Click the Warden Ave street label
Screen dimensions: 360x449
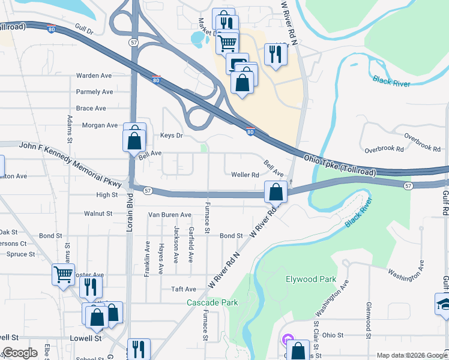pos(94,76)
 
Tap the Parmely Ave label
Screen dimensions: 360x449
pos(94,92)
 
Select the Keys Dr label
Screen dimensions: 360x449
pos(171,136)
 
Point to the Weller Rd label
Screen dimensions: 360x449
pos(245,175)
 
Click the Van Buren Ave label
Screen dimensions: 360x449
pos(170,215)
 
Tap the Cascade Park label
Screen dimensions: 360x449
pos(212,302)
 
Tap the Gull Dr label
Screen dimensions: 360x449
pos(85,29)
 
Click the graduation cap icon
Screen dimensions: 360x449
pos(445,304)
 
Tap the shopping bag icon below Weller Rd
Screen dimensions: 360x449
pos(276,193)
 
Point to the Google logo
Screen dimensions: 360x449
pos(20,353)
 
